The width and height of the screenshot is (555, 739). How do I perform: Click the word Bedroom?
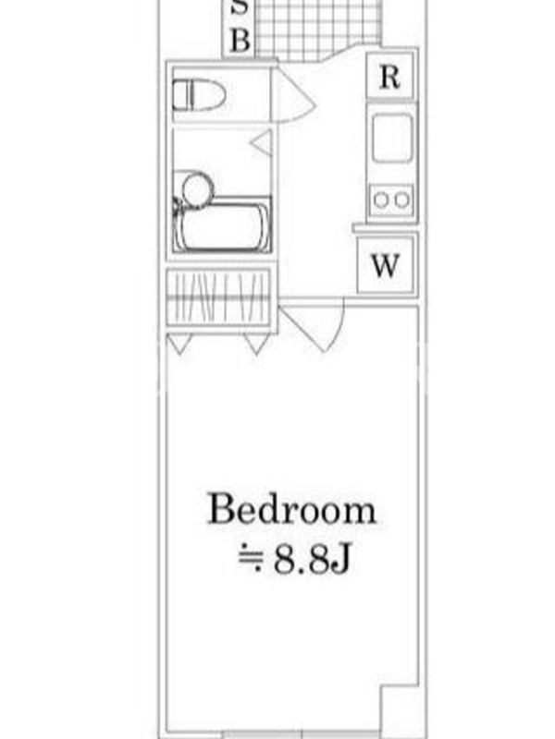coord(292,509)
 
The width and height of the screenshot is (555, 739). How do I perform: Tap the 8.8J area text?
coord(312,560)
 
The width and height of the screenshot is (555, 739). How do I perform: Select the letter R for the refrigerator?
coord(389,77)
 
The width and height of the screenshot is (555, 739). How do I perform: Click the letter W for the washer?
coord(385,265)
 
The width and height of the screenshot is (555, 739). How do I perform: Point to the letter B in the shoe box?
coord(240,40)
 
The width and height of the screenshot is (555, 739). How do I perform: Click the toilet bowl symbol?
coord(199,95)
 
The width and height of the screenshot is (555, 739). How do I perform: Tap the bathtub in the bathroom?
coord(222,224)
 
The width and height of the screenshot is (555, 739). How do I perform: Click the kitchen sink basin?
coord(391,138)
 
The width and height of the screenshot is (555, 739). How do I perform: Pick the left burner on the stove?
coord(381,200)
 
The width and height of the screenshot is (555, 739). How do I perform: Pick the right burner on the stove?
coord(401,200)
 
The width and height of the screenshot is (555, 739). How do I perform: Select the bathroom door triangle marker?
coord(262,143)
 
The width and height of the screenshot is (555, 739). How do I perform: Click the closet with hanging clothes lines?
coord(219,297)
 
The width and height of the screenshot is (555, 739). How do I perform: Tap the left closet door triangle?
coord(179,342)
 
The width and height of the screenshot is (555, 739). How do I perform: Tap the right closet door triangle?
coord(257,342)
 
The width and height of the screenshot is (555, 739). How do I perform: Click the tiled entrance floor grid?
coord(317,30)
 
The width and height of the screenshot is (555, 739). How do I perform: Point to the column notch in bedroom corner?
coord(400,709)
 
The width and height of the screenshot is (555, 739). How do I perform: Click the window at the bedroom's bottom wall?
coord(302,734)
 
